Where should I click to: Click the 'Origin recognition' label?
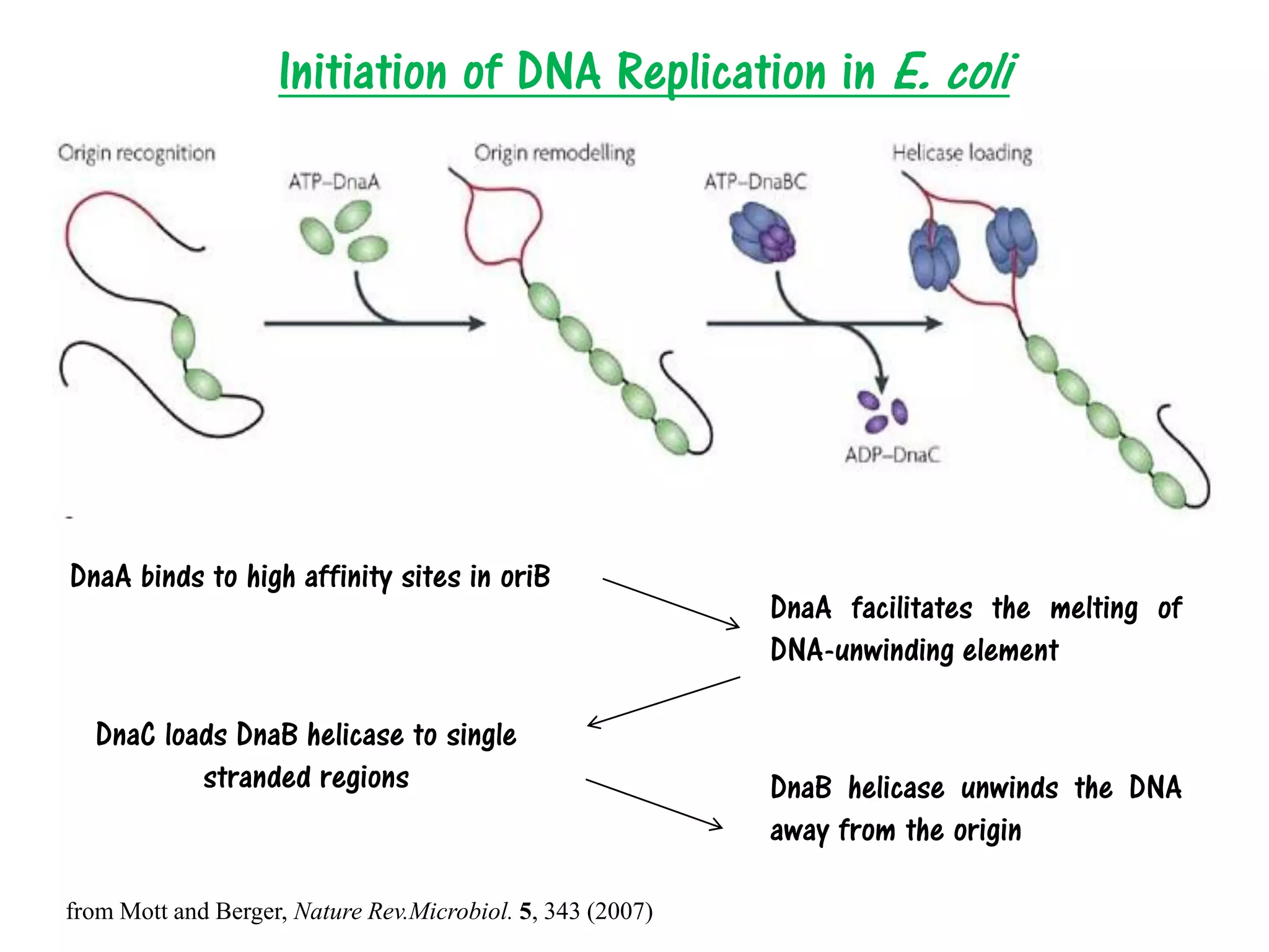(136, 153)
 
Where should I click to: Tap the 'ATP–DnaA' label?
(334, 182)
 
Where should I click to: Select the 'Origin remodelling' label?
(555, 153)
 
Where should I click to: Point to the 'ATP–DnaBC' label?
(755, 182)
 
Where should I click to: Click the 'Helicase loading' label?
(962, 153)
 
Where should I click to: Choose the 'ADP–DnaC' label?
(892, 455)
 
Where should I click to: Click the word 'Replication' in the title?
(722, 72)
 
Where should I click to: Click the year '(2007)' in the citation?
(620, 911)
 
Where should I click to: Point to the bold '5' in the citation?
(525, 911)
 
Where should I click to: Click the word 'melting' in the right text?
(1094, 609)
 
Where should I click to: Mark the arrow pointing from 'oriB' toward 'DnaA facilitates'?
(671, 603)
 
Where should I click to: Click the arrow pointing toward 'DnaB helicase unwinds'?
(654, 804)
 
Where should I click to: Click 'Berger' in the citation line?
(250, 911)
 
